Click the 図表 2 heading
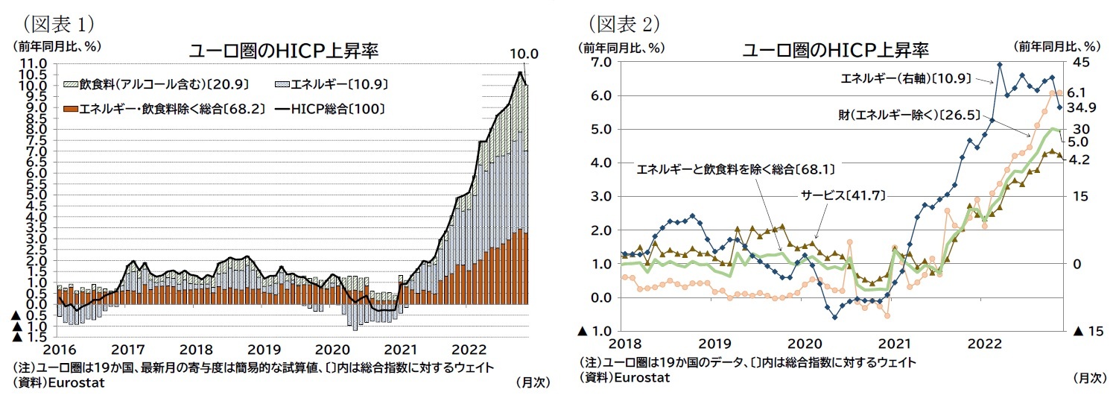[x=624, y=23]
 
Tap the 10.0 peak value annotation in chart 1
[x=523, y=54]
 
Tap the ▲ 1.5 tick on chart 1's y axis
[x=28, y=337]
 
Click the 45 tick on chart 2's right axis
[x=1081, y=62]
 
